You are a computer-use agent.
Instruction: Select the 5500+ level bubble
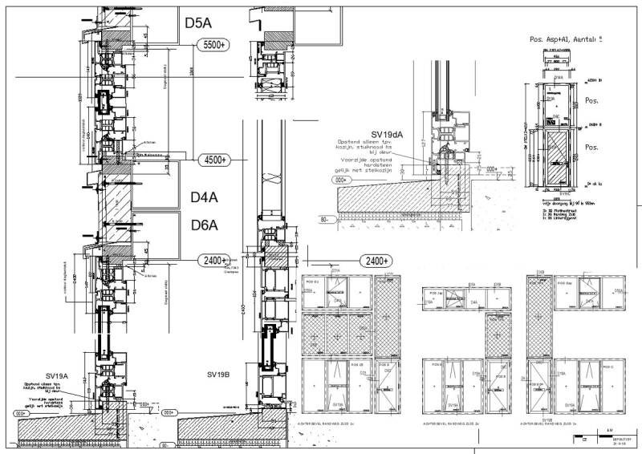pyautogui.click(x=213, y=46)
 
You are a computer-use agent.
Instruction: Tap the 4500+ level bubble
pyautogui.click(x=213, y=160)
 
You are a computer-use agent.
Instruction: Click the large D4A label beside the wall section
pyautogui.click(x=205, y=197)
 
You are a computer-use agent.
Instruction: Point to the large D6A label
pyautogui.click(x=205, y=225)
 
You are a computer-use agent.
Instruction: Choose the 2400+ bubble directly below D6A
pyautogui.click(x=213, y=261)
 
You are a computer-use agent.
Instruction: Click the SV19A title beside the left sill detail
pyautogui.click(x=57, y=375)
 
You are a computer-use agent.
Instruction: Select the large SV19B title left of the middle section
pyautogui.click(x=219, y=375)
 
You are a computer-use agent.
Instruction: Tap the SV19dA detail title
pyautogui.click(x=388, y=134)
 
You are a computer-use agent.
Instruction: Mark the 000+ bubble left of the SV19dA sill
pyautogui.click(x=343, y=180)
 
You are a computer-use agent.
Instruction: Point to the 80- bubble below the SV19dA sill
pyautogui.click(x=327, y=218)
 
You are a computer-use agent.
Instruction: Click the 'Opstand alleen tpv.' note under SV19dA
pyautogui.click(x=365, y=143)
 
